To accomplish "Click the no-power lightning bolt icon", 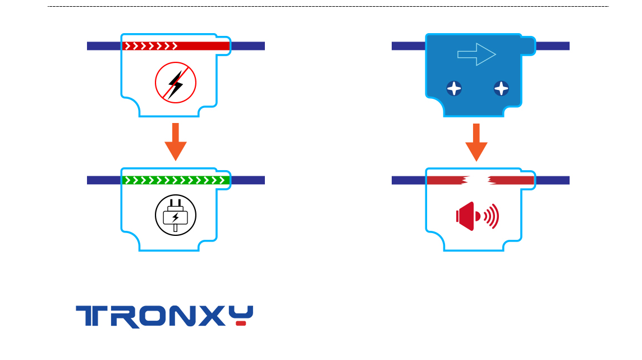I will pos(175,83).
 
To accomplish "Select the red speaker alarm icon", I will pos(467,216).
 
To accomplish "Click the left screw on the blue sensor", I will pos(454,88).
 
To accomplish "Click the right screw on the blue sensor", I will pos(501,88).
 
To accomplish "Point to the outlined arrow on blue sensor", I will pos(476,54).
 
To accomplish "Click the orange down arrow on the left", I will pos(175,141).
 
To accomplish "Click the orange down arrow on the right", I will pos(476,142).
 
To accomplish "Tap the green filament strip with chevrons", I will pos(176,180).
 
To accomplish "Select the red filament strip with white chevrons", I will pos(176,46).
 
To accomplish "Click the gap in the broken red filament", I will pos(478,180).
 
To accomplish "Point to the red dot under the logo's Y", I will pos(241,323).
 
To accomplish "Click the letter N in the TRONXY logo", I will pos(184,316).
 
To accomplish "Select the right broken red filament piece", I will pos(511,180).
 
